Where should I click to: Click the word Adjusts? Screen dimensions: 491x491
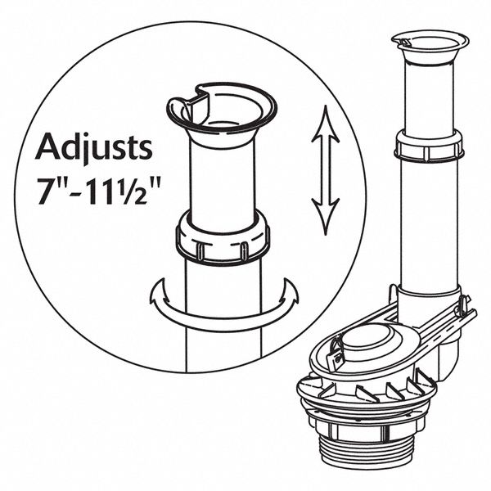click(x=93, y=150)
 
